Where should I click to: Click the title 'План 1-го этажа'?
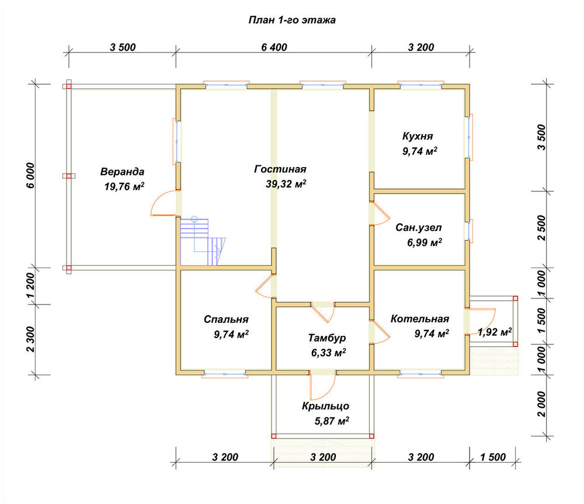(x=292, y=20)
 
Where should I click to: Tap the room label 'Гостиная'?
(x=280, y=169)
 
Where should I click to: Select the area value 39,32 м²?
(x=286, y=183)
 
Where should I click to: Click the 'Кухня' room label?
(x=418, y=136)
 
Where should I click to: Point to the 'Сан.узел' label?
(x=419, y=227)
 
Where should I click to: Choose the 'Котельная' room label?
(x=420, y=319)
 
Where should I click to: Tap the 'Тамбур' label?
(x=326, y=338)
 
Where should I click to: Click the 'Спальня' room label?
(x=226, y=319)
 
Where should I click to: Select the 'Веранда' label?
(x=122, y=172)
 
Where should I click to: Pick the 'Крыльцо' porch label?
(x=325, y=406)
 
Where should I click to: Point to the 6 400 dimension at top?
(x=274, y=47)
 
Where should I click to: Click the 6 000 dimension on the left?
(x=30, y=175)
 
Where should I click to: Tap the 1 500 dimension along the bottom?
(x=493, y=457)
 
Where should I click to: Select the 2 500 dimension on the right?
(x=541, y=228)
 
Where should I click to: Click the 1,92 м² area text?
(x=495, y=332)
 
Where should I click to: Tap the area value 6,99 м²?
(x=424, y=242)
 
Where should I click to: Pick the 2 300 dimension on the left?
(x=30, y=339)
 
